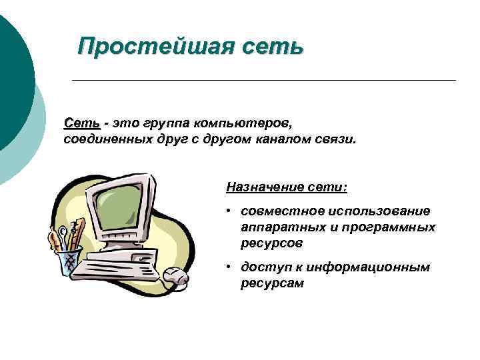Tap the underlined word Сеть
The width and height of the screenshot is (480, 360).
82,124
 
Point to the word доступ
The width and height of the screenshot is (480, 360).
262,267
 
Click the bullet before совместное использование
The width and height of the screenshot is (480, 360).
228,211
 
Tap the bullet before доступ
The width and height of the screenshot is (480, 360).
228,267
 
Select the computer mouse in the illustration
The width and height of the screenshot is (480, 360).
175,274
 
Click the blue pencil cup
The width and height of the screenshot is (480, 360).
69,261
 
